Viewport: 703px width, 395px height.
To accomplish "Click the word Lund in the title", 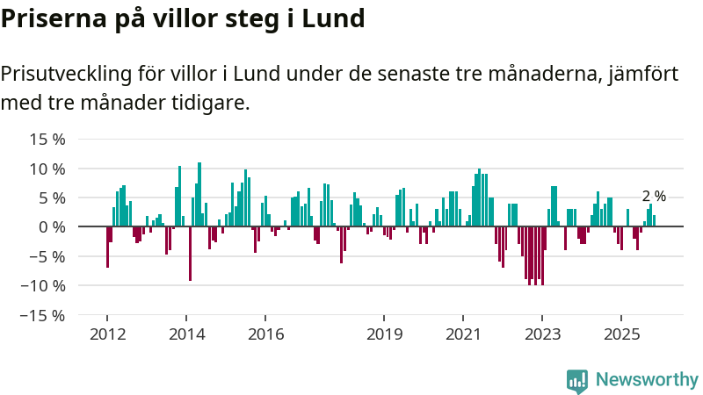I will pos(333,18).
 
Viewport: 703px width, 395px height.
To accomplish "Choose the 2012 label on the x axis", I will pos(107,334).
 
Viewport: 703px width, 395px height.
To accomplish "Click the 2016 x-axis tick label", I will pos(265,334).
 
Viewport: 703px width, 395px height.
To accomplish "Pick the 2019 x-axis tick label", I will pos(384,334).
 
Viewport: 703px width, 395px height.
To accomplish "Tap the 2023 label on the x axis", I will pos(542,334).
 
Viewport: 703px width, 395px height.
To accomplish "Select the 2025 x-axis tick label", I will pos(621,334).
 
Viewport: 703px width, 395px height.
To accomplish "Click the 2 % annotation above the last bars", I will pos(654,197).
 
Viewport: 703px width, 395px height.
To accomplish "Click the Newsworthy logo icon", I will pos(577,380).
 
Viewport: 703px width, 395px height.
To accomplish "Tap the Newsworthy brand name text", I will pos(647,380).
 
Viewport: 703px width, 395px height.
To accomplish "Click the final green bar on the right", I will pos(654,221).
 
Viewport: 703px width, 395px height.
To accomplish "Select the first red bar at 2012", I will pos(107,247).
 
